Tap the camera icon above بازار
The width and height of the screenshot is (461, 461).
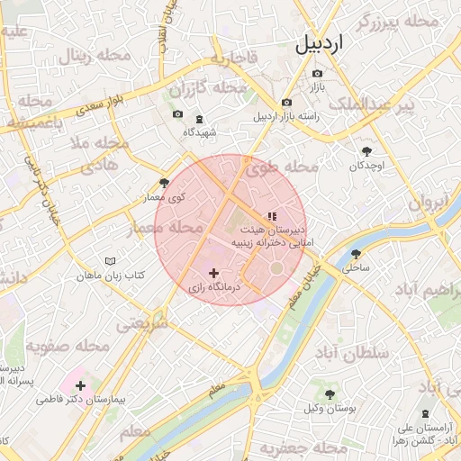tap(317, 73)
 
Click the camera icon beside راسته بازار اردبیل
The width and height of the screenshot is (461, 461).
tap(286, 103)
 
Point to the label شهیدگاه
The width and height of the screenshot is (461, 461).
tap(199, 132)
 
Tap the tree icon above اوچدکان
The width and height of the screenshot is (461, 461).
tap(366, 152)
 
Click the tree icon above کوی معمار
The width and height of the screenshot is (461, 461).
tap(164, 183)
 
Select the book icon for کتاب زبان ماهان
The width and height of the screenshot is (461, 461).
tap(111, 260)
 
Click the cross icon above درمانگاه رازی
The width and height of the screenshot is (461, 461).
tap(213, 272)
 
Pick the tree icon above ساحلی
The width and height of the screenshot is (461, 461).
tap(356, 255)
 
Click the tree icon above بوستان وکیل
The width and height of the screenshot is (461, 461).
tap(330, 393)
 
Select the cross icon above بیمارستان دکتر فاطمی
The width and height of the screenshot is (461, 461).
tap(81, 384)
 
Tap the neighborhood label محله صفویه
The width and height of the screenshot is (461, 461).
tap(67, 346)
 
